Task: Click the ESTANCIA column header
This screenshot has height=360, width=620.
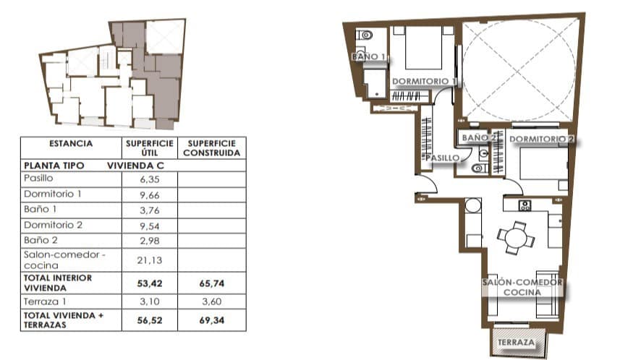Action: pos(71,143)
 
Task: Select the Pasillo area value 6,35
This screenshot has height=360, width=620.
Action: pos(149,179)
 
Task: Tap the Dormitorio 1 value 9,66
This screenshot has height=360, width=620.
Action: pos(149,194)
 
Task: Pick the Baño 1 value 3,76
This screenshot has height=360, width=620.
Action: pos(149,210)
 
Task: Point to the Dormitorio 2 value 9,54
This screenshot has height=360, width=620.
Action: pos(149,225)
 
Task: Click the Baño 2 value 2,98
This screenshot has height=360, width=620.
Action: pos(149,240)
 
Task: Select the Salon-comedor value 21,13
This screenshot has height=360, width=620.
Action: pos(149,260)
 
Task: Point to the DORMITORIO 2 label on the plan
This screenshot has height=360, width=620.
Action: pos(541,139)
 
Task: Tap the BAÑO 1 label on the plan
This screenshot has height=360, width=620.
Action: pos(368,56)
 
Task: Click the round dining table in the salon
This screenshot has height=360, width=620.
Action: pos(513,237)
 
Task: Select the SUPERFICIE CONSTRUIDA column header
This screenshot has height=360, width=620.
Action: pos(211,147)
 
